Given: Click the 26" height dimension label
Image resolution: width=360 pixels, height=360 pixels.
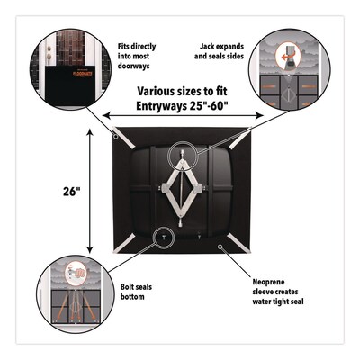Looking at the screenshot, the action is click(x=72, y=191).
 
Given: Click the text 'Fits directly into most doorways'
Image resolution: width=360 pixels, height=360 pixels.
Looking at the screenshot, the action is click(x=137, y=57).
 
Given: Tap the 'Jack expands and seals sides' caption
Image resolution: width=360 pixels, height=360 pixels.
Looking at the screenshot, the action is click(x=219, y=51).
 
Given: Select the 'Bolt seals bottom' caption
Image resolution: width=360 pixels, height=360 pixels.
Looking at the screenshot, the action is click(x=136, y=292).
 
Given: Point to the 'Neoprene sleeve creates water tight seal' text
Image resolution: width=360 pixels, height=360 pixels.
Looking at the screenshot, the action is click(x=278, y=292).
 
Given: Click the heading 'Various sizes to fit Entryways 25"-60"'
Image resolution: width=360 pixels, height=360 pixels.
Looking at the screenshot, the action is click(x=182, y=98).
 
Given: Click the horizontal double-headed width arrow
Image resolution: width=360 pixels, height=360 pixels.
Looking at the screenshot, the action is click(x=183, y=115).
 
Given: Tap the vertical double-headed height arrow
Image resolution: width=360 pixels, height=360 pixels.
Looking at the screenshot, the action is click(x=90, y=191).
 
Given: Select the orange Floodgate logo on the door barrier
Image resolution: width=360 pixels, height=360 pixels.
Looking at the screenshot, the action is click(x=81, y=73).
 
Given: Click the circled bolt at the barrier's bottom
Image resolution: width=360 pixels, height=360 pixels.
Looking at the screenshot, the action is click(x=164, y=237).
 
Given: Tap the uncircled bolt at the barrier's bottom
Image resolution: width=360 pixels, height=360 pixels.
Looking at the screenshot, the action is click(x=199, y=237).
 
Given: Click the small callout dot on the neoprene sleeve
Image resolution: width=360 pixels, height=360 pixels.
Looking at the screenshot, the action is click(x=220, y=247).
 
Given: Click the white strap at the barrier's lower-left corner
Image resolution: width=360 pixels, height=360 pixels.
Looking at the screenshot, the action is click(x=124, y=245).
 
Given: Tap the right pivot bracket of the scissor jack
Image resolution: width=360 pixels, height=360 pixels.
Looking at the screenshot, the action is click(x=200, y=189).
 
